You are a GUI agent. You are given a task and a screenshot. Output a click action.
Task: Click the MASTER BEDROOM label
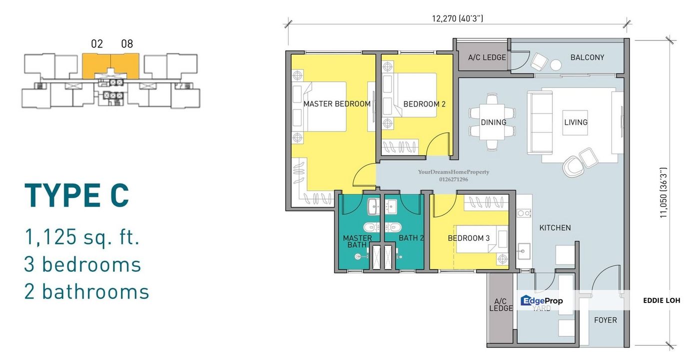coord(337,104)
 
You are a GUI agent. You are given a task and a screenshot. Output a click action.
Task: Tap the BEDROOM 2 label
coord(424,104)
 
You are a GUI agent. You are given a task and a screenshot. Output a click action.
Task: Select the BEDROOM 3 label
coord(469,238)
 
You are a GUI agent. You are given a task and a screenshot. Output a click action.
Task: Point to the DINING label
coord(493,122)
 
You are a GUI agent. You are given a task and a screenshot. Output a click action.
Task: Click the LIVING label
coord(576,122)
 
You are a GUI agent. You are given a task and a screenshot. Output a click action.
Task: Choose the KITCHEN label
coord(555,227)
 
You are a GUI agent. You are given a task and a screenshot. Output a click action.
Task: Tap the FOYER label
coord(606,320)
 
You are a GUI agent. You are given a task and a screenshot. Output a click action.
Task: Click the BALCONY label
coord(587,57)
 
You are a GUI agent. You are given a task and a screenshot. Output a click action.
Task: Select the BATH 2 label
coord(411,238)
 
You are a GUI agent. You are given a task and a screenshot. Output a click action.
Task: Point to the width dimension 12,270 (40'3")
coord(458,18)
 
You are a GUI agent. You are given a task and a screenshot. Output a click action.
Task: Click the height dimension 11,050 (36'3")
coord(663,192)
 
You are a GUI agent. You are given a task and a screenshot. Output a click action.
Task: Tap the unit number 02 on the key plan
coord(97,44)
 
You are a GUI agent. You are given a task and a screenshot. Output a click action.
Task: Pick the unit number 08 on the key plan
coord(127,44)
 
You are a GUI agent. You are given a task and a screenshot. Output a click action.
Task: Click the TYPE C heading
coord(76,195)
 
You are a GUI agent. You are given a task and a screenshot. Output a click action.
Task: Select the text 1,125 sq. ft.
coord(82,237)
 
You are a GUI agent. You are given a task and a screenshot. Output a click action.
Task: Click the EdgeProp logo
coord(542,300)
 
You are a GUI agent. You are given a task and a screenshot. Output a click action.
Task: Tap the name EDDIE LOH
coord(662,300)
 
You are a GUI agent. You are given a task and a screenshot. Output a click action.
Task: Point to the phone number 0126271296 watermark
coord(454,179)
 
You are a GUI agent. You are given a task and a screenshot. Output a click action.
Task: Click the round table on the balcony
coord(556,65)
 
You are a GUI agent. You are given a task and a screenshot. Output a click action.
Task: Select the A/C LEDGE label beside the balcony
coord(487,57)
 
